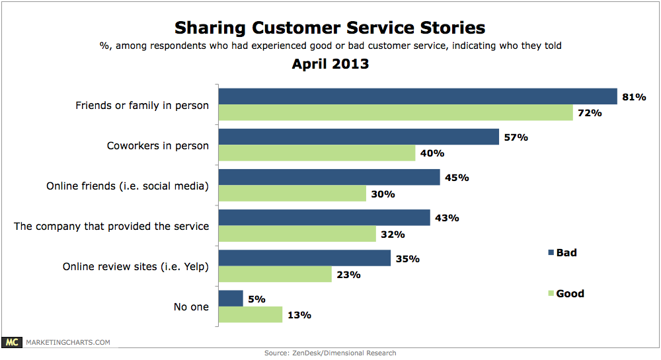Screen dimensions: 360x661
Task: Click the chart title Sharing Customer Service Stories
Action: pyautogui.click(x=330, y=28)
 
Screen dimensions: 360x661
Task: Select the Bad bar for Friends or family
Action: pyautogui.click(x=418, y=96)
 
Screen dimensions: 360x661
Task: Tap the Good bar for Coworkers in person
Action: pyautogui.click(x=317, y=153)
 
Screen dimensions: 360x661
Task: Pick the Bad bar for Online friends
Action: pyautogui.click(x=329, y=177)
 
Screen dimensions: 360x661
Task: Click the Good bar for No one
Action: pyautogui.click(x=251, y=314)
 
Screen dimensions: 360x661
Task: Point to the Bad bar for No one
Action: pyautogui.click(x=231, y=299)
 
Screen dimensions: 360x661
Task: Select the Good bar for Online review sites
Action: pyautogui.click(x=275, y=274)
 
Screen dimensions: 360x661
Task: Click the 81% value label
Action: pyautogui.click(x=633, y=97)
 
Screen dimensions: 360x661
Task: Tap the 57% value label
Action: pyautogui.click(x=515, y=137)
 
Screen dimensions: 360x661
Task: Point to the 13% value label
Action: pyautogui.click(x=298, y=315)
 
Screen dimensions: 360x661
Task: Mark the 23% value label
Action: pyautogui.click(x=348, y=274)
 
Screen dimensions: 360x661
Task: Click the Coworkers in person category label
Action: pyautogui.click(x=158, y=145)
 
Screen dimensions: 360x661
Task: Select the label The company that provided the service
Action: pyautogui.click(x=112, y=226)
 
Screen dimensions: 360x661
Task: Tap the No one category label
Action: pyautogui.click(x=192, y=306)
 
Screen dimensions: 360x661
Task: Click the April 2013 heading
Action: pyautogui.click(x=330, y=64)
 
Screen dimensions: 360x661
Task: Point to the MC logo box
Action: pyautogui.click(x=11, y=342)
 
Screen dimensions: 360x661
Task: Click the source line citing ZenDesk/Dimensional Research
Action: pyautogui.click(x=330, y=353)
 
